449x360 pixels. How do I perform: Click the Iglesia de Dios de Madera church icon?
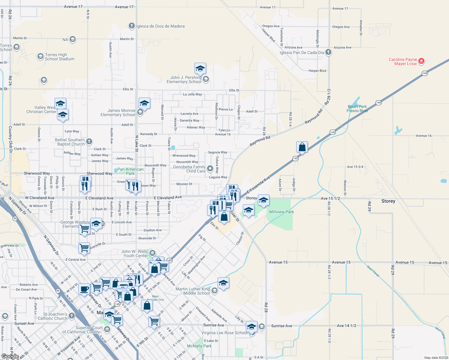click(131, 26)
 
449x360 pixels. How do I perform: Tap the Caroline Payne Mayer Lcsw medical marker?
click(421, 61)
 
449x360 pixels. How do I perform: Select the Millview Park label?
click(282, 212)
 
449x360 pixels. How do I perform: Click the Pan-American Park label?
click(130, 171)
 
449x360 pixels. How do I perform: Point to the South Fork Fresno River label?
click(357, 109)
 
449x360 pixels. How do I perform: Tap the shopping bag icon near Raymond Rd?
click(302, 147)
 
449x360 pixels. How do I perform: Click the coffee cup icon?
click(84, 289)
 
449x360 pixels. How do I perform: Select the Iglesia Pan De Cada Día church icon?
click(328, 52)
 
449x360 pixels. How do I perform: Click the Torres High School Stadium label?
click(59, 57)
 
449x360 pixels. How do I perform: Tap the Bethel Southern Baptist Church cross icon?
click(89, 142)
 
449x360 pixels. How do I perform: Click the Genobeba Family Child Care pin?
click(210, 169)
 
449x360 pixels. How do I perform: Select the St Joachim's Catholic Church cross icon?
click(71, 316)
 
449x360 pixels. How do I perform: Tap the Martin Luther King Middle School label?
click(193, 291)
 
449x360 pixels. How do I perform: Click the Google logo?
click(10, 356)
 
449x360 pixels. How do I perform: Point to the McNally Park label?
click(199, 346)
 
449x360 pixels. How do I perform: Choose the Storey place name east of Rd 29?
click(388, 201)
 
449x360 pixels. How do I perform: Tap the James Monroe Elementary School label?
click(118, 112)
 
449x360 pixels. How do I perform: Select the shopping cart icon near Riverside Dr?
click(84, 248)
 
